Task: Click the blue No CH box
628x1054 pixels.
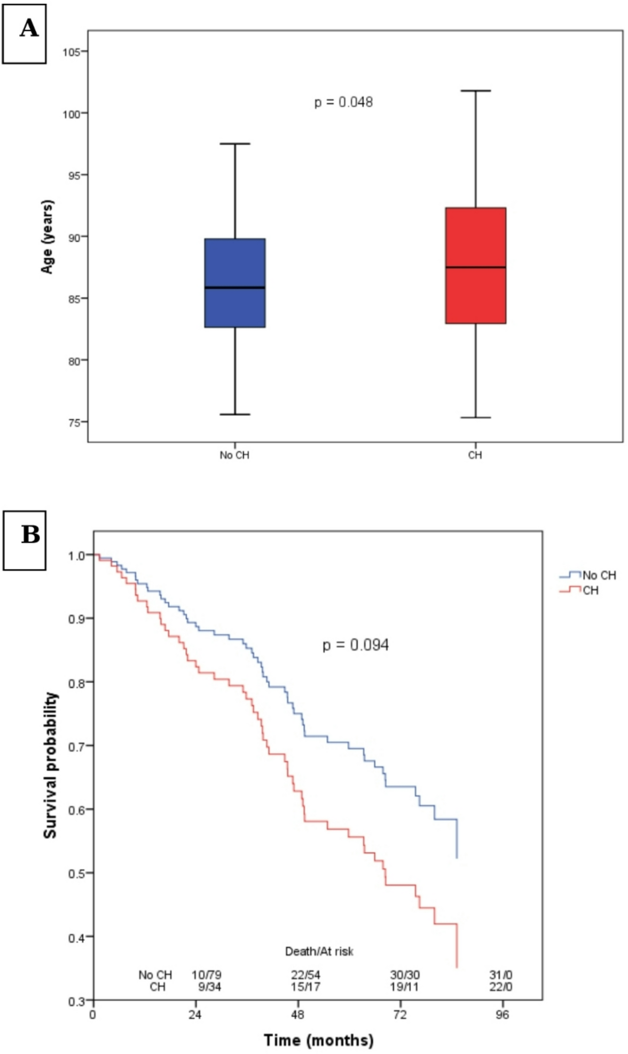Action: tap(235, 282)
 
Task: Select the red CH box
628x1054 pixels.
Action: tap(475, 265)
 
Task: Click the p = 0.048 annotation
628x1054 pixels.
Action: tap(343, 102)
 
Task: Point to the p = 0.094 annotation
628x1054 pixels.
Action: tap(356, 645)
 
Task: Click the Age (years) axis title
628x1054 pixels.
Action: tap(48, 237)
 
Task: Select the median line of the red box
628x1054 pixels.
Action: tap(475, 267)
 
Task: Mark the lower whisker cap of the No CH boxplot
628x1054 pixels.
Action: tap(235, 414)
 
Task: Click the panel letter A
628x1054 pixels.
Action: tap(29, 28)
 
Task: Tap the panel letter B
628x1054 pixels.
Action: tap(30, 534)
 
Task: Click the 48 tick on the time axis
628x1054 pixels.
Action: tap(298, 1014)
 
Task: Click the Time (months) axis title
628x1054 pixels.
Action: tap(318, 1040)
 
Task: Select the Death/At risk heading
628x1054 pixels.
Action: tap(319, 951)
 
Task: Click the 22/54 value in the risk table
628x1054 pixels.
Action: tap(305, 975)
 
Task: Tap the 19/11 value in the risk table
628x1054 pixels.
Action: tap(404, 987)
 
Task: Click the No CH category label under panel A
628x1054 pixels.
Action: tap(234, 455)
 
